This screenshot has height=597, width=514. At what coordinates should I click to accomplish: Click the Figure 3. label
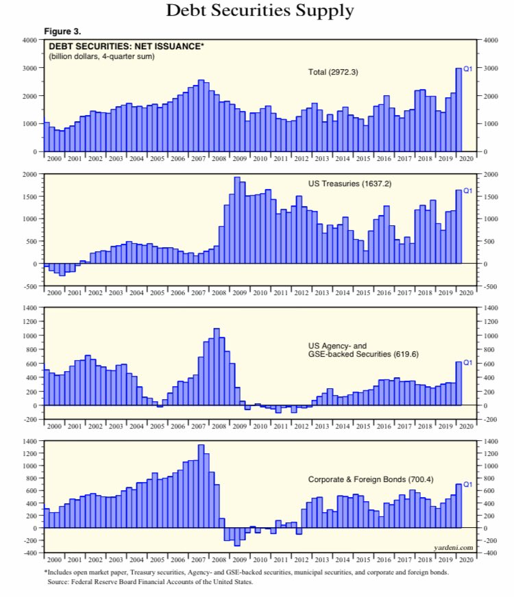(x=63, y=32)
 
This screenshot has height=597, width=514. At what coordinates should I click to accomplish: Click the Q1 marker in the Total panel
(x=469, y=68)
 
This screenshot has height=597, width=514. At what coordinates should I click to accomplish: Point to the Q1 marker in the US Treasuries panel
(x=469, y=191)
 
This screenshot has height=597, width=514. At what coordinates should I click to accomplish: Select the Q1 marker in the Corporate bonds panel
(x=469, y=484)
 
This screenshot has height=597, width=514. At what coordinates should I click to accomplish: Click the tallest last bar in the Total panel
(x=458, y=110)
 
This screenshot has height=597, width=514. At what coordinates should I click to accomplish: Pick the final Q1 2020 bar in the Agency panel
(x=458, y=383)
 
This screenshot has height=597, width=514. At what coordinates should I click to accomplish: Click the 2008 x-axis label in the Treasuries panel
(x=219, y=292)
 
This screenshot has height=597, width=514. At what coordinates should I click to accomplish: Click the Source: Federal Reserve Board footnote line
(x=150, y=582)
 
